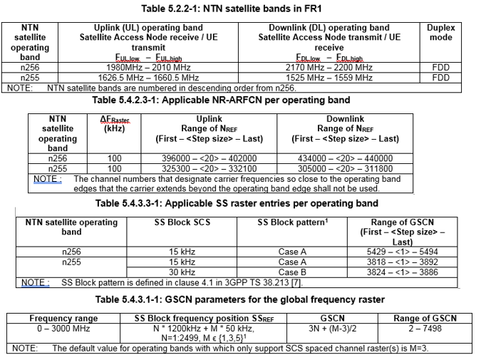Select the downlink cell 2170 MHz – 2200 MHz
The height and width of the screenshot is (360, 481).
click(x=329, y=68)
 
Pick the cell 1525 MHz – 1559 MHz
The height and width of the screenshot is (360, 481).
click(x=329, y=77)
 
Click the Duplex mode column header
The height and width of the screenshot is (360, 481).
click(x=440, y=33)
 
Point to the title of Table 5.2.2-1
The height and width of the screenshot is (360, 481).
click(x=240, y=9)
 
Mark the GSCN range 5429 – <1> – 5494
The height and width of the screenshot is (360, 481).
click(x=412, y=252)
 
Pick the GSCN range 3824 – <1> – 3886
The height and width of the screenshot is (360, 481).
click(x=412, y=272)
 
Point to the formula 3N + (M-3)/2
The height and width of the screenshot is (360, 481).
click(x=331, y=328)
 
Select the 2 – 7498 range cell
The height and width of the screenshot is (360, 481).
click(x=425, y=328)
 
